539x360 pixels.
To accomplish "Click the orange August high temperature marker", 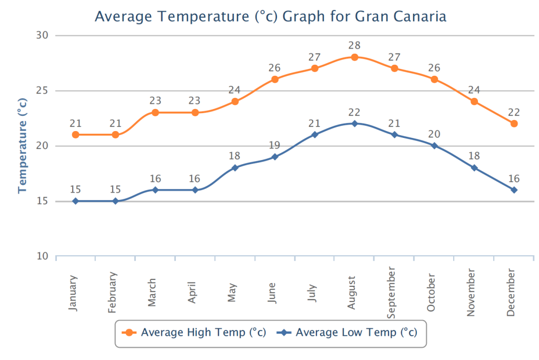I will coord(355,57).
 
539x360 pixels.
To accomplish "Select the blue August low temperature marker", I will coord(355,124).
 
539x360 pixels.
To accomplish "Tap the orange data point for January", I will coord(75,135).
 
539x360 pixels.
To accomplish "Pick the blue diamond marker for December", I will coord(514,190).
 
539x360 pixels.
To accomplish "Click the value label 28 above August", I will coord(355,46).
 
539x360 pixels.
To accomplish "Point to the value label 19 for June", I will coord(275,145).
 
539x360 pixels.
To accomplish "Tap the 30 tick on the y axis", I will coord(42,35).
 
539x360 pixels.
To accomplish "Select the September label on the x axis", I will coord(392,293).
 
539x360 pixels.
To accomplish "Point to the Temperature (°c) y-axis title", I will coord(23,145).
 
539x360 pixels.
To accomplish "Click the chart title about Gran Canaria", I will coord(270,16).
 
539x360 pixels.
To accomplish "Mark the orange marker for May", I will coord(235,102).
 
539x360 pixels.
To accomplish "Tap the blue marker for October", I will coord(434,146).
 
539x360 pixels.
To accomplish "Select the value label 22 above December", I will coord(514,112).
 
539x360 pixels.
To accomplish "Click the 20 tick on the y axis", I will coord(42,146).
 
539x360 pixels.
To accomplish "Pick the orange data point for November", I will coord(474,102).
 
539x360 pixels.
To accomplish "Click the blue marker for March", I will coord(155,190).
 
